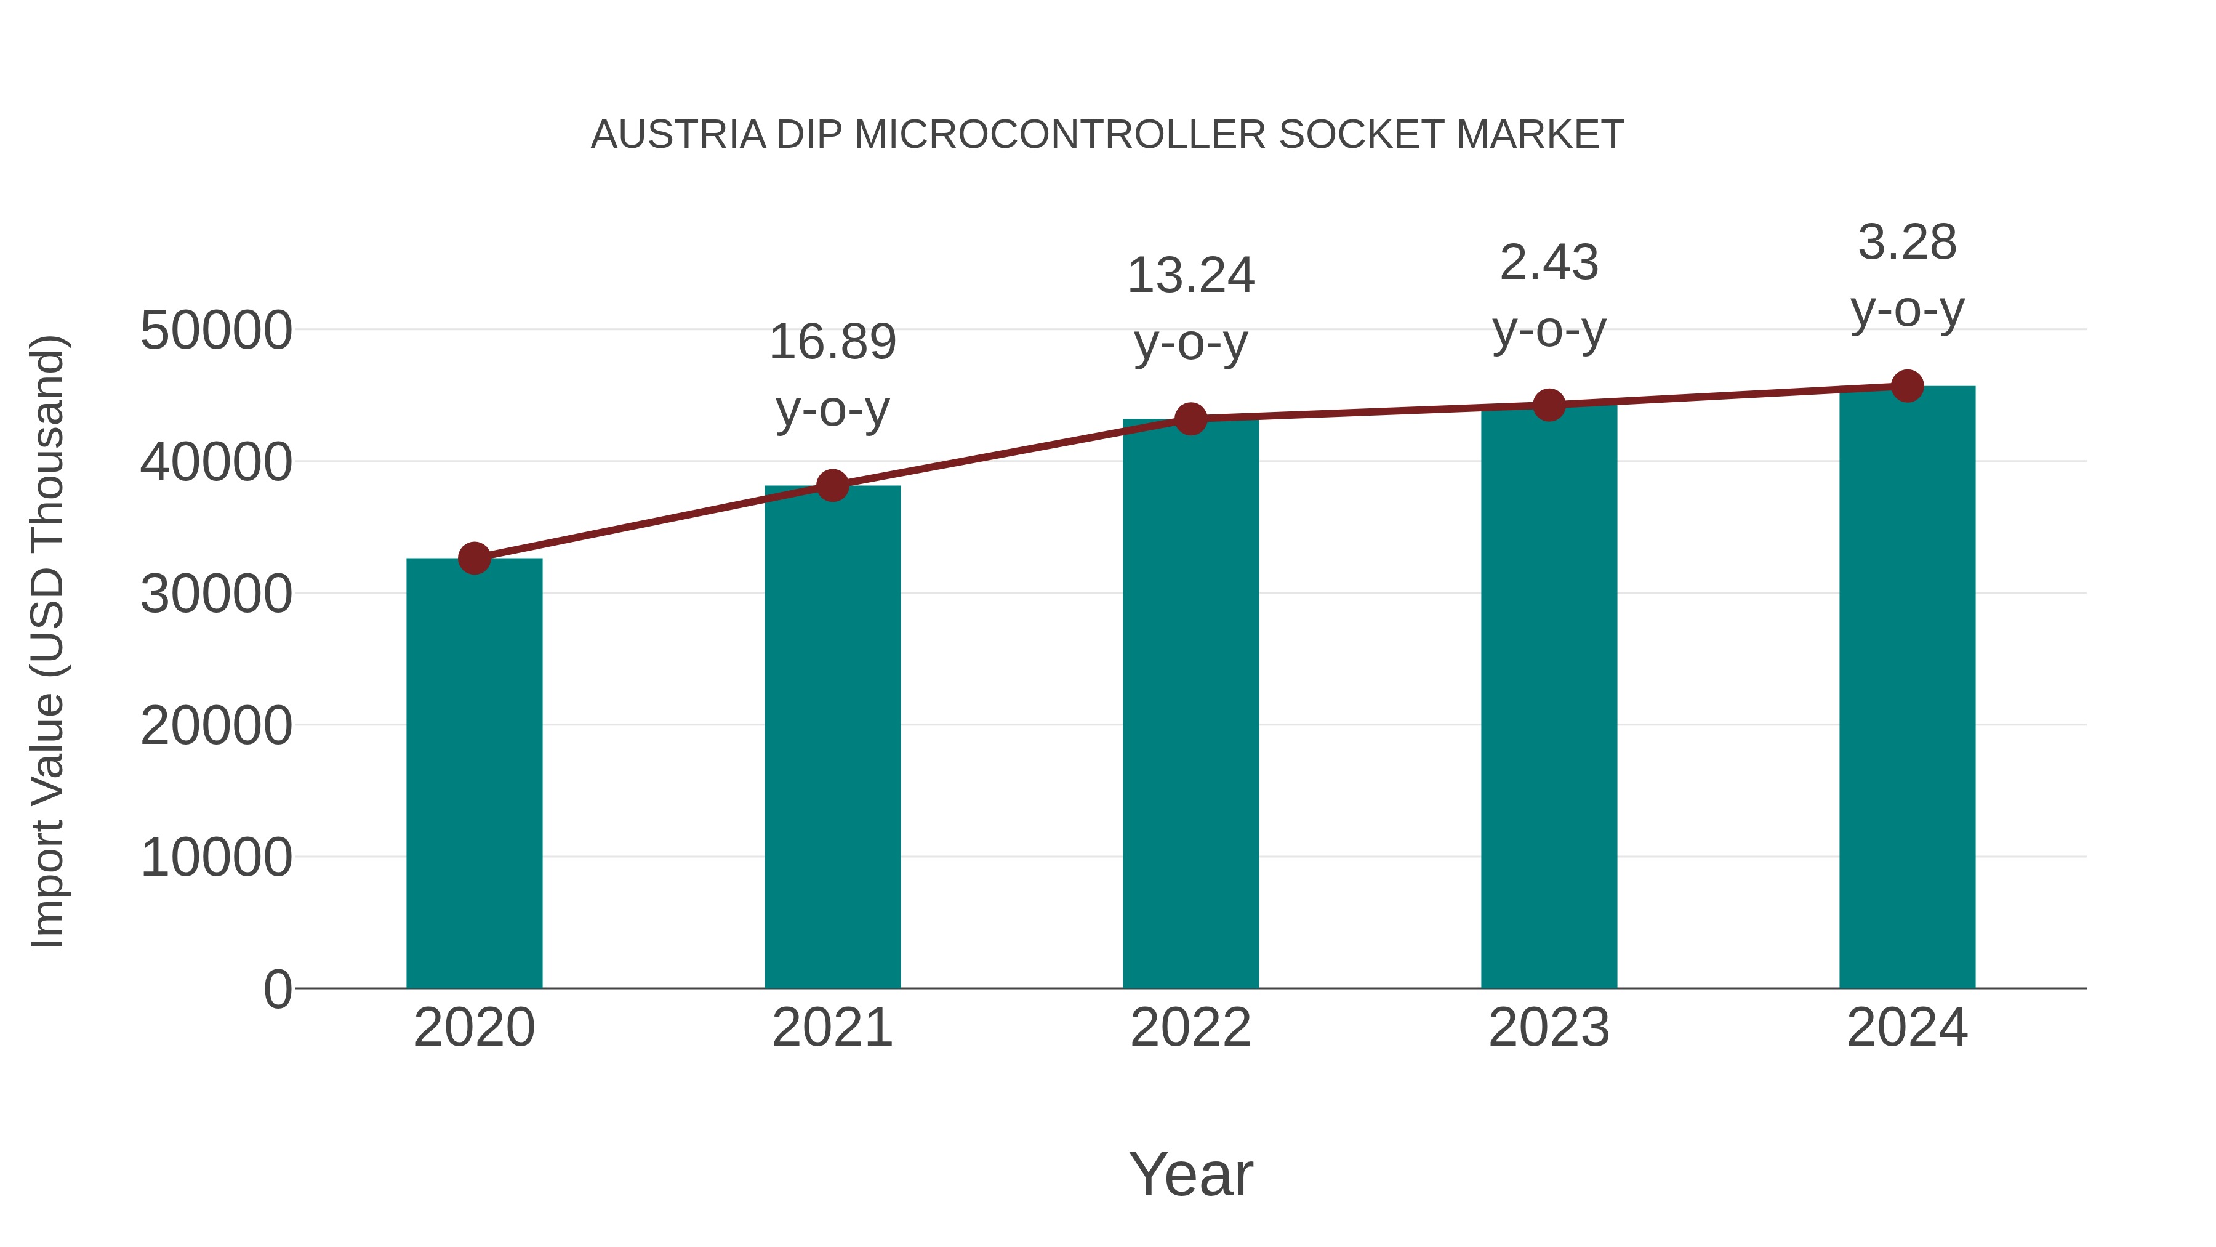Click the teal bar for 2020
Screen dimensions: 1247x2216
pos(474,775)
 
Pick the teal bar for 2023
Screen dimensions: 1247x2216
pos(1549,697)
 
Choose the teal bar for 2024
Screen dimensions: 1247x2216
pos(1907,688)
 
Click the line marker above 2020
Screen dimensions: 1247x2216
pos(474,559)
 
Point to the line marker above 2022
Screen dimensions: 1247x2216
pos(1190,419)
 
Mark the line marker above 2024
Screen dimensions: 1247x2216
pos(1907,386)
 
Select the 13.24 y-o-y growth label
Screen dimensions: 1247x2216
pos(1190,309)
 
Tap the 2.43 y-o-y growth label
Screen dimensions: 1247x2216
pos(1549,296)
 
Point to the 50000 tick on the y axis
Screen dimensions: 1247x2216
pos(216,331)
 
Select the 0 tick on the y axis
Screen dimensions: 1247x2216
pos(278,990)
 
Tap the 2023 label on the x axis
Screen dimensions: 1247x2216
pos(1549,1028)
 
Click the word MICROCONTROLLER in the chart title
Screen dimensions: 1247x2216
pos(1060,135)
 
